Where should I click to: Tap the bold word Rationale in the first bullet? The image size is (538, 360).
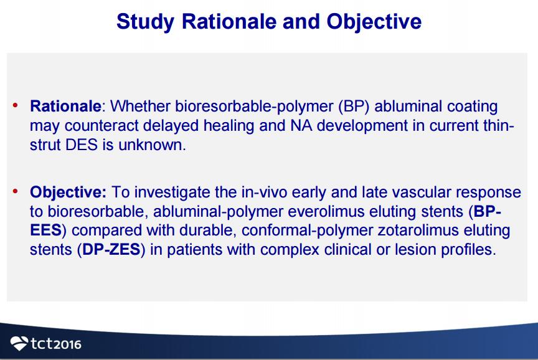(65, 106)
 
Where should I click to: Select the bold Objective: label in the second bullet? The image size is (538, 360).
(68, 192)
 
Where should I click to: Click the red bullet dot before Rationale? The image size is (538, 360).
(15, 105)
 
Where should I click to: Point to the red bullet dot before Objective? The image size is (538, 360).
(15, 191)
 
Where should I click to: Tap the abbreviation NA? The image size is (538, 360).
(301, 126)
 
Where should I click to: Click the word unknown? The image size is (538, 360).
(152, 145)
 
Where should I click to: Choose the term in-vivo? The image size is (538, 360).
(264, 192)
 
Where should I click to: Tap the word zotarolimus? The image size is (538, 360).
(418, 230)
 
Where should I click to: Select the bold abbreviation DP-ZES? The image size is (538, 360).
(111, 250)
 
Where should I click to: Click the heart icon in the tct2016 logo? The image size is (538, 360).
(19, 343)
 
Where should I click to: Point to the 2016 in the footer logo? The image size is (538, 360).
(67, 344)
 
